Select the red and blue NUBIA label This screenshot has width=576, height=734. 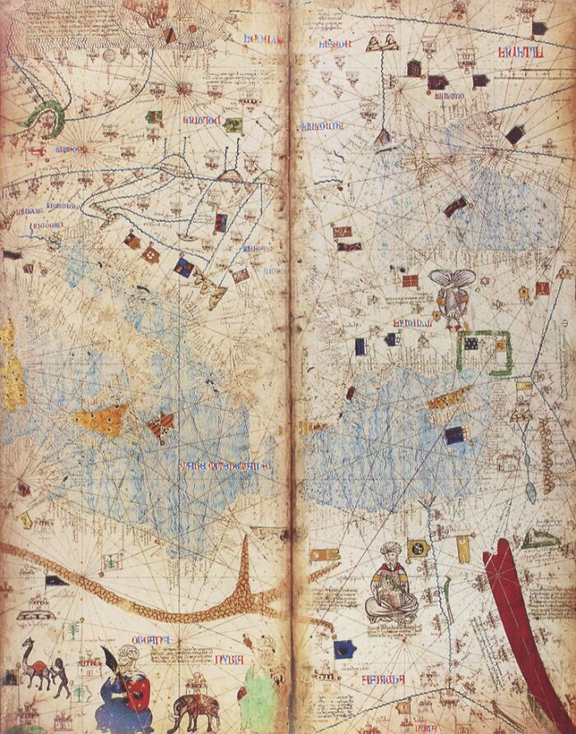click(x=213, y=639)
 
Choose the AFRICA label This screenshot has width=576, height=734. click(x=387, y=681)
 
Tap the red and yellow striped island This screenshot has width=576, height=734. click(x=161, y=425)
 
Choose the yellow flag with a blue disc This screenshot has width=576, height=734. click(x=417, y=546)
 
